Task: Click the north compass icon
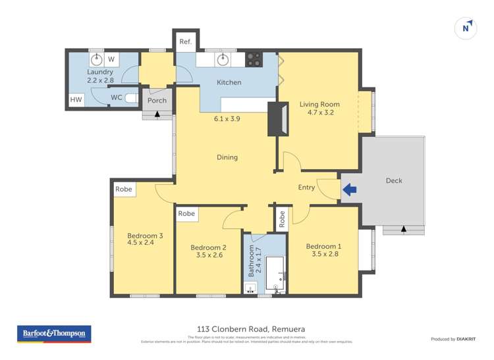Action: [466, 28]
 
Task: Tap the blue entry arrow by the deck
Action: [349, 190]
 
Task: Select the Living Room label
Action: [319, 104]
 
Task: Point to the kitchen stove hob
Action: [254, 60]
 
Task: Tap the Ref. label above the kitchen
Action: [185, 42]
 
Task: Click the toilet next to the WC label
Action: [131, 98]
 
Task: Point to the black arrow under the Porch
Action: [157, 114]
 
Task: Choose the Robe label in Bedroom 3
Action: [123, 189]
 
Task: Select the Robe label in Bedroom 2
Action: [186, 214]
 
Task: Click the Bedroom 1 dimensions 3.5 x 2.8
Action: [323, 254]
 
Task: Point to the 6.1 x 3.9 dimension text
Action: [227, 119]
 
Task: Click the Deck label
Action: [393, 181]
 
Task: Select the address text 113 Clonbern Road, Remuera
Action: [246, 328]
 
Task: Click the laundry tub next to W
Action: [96, 59]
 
